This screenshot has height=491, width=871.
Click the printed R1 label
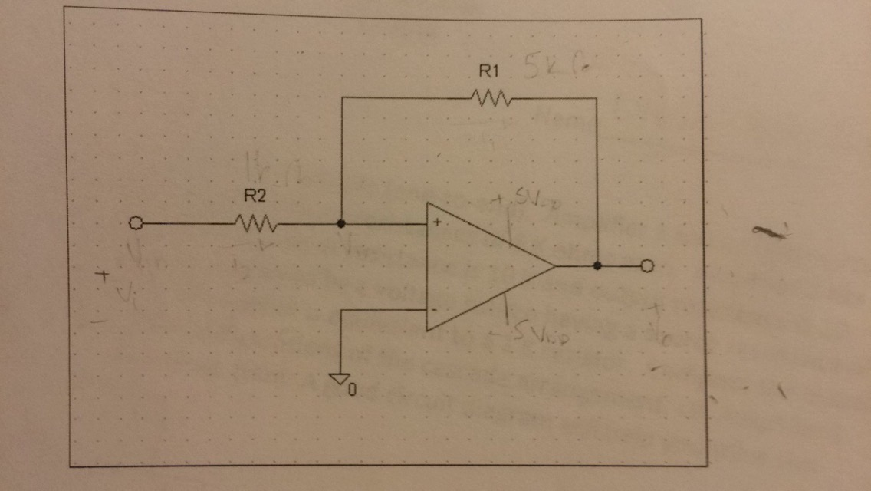click(x=488, y=72)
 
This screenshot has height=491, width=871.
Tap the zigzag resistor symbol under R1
click(x=488, y=98)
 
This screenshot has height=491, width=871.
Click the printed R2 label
click(x=255, y=196)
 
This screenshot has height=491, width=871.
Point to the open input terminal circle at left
click(x=136, y=224)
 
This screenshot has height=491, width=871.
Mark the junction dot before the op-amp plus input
click(x=341, y=224)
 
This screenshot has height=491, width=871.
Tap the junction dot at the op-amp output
click(x=597, y=266)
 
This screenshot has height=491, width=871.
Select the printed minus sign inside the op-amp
click(x=435, y=310)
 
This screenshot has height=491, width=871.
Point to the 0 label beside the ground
click(x=352, y=390)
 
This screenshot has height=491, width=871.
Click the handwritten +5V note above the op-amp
click(x=521, y=199)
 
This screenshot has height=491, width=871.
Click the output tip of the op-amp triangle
click(x=554, y=266)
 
